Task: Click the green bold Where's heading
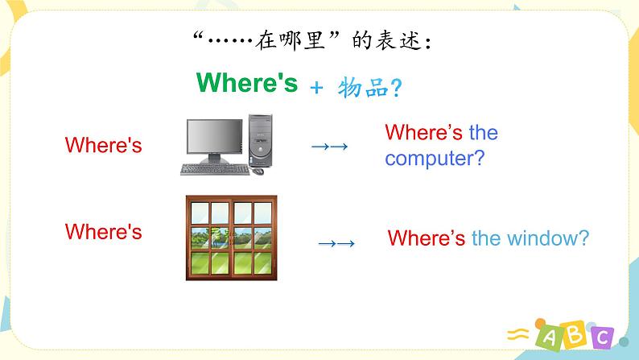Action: [x=246, y=83]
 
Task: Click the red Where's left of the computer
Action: [x=103, y=145]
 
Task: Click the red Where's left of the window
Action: [x=103, y=232]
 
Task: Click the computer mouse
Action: [x=258, y=171]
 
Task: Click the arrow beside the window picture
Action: [x=336, y=243]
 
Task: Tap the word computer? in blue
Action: [x=435, y=158]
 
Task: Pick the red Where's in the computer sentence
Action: [x=423, y=132]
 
